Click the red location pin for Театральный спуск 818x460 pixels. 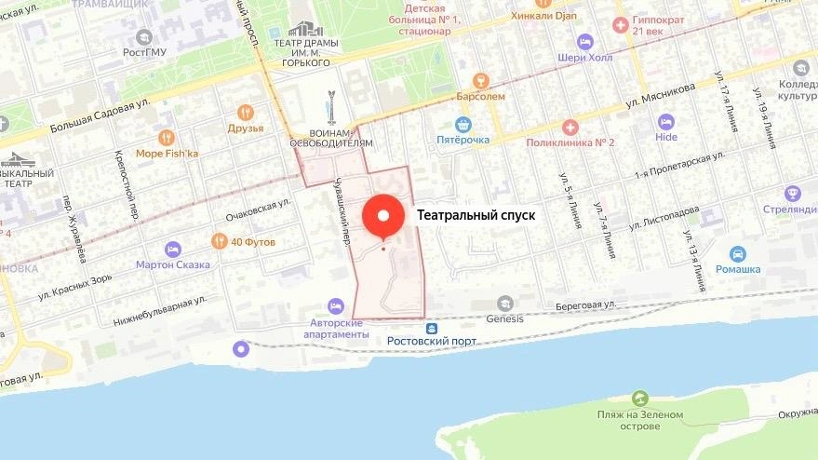382,216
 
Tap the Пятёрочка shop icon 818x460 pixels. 463,124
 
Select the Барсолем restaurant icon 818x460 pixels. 481,80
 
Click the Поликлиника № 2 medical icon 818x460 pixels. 570,127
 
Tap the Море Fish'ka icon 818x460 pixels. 167,138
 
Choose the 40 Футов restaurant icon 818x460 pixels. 220,241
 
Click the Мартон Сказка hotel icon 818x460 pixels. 172,249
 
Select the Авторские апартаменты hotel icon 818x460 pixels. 336,306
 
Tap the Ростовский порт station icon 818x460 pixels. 432,328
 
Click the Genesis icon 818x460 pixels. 505,304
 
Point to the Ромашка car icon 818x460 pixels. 738,253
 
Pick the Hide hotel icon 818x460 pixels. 665,122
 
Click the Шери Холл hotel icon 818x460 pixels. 584,42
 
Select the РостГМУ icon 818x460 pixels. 143,37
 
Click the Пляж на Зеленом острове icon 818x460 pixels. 639,399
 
